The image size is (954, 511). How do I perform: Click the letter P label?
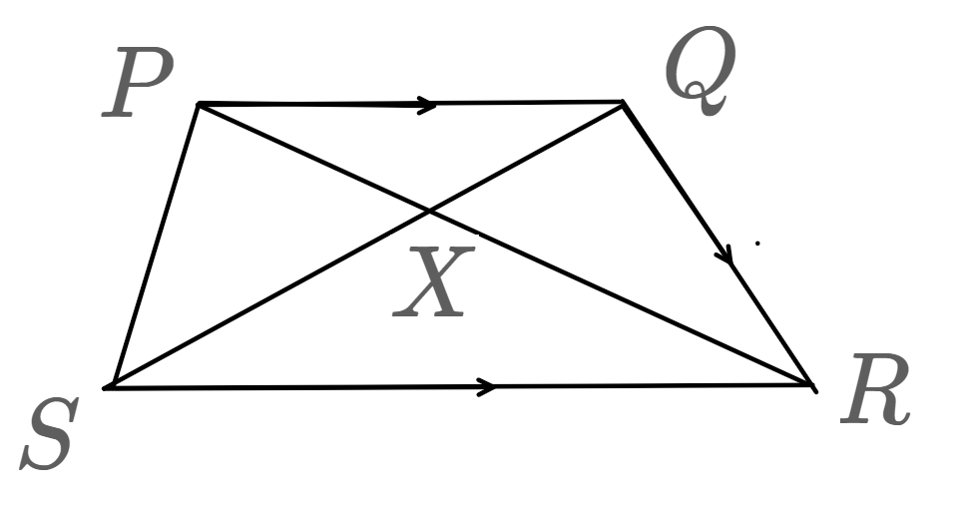tap(137, 84)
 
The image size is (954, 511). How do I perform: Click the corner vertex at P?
tap(199, 103)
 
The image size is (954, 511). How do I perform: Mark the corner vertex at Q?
tap(622, 102)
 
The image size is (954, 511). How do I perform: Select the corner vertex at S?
tap(108, 386)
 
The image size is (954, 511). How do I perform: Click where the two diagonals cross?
tap(429, 211)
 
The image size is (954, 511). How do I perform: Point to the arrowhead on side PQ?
tap(427, 104)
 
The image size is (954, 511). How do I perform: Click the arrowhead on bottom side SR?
tap(487, 386)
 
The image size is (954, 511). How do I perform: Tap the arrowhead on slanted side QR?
tap(727, 257)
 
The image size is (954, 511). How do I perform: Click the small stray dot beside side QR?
tap(757, 243)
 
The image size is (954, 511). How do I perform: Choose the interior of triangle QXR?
tap(639, 230)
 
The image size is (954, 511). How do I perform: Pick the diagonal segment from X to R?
tap(619, 296)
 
